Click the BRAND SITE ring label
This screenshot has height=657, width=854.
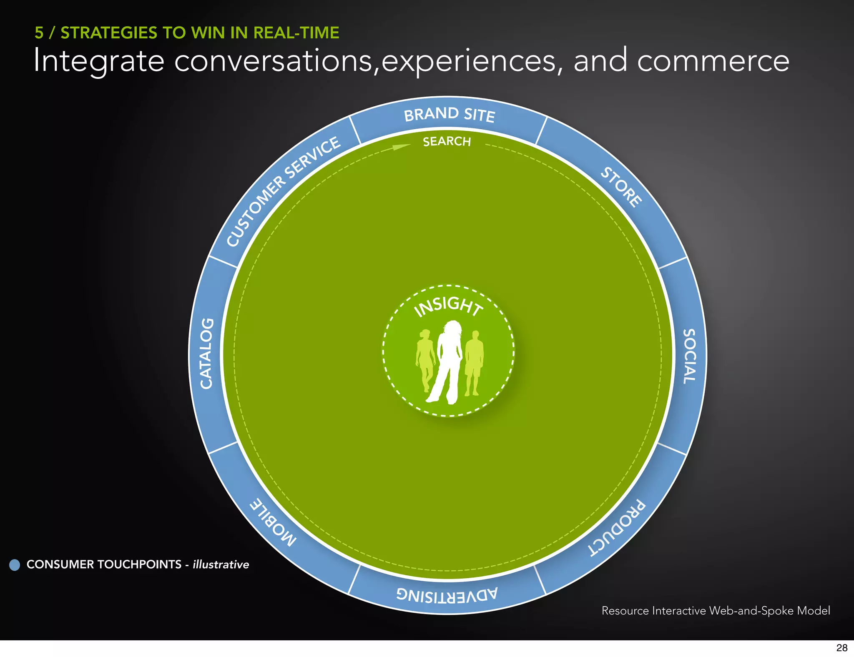(449, 115)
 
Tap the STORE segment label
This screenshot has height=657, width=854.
(621, 187)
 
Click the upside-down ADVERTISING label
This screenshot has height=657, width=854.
(447, 594)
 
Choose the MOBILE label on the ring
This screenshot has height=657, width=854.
(273, 522)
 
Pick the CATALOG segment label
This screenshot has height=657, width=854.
(207, 354)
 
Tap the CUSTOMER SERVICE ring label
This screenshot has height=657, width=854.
(284, 191)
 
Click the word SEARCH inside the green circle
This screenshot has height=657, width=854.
(447, 142)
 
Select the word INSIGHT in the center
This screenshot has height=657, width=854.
(448, 306)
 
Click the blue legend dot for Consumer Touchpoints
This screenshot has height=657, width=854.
(15, 565)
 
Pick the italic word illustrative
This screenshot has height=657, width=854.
(221, 564)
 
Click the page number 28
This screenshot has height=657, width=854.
(841, 647)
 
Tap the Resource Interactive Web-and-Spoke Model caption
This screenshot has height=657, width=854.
(716, 611)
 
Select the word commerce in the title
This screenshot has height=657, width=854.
(713, 61)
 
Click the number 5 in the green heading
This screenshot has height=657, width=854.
(39, 33)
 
